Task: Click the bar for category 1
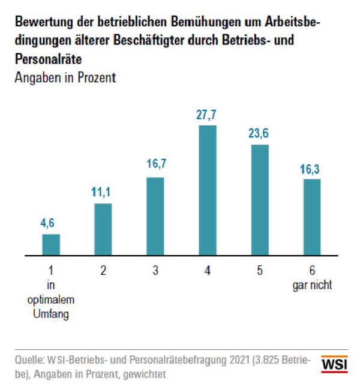coord(51,244)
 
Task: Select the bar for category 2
coord(103,229)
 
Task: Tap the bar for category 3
coord(155,216)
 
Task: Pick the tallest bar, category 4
coord(207,190)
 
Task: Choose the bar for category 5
coord(259,200)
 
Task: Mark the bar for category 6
coord(311,217)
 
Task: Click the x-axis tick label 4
coord(207,271)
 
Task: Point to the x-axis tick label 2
coord(103,271)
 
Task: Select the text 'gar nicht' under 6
coord(311,284)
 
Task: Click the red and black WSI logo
coord(334,364)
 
